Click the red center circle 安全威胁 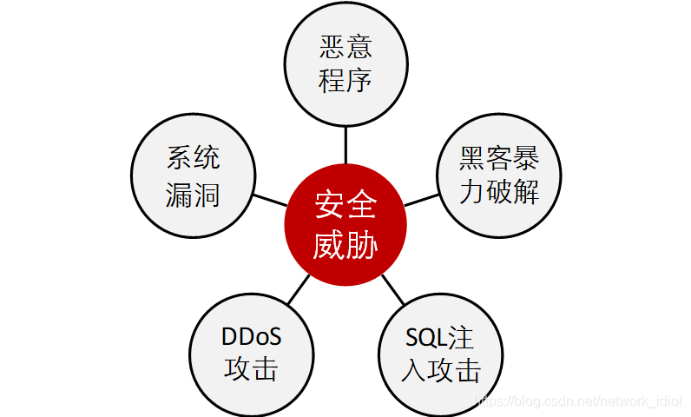[x=345, y=225]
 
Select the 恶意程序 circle [x=345, y=65]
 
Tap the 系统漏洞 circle [x=193, y=175]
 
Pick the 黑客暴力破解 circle [x=499, y=175]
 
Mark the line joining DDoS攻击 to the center [x=298, y=289]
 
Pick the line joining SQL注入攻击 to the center [x=392, y=289]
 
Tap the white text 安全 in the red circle [x=345, y=207]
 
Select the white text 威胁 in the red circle [x=345, y=245]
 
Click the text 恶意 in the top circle [x=345, y=47]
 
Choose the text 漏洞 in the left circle [x=193, y=195]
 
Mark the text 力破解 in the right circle [x=499, y=193]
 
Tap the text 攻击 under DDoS [x=251, y=370]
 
